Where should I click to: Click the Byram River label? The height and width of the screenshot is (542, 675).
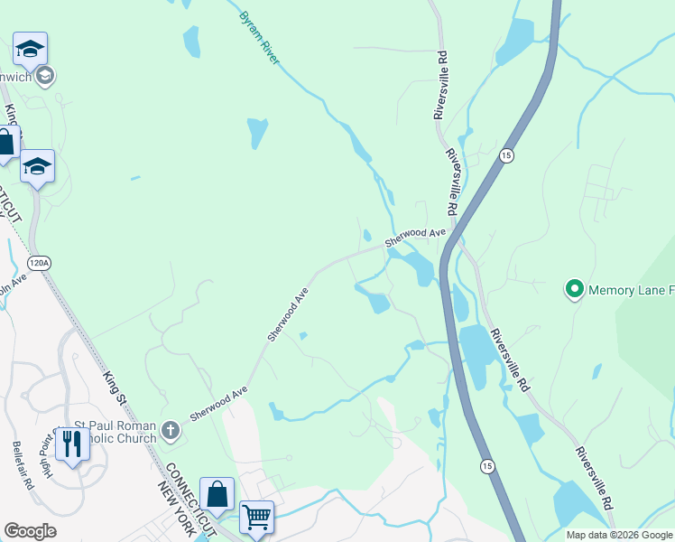tap(260, 38)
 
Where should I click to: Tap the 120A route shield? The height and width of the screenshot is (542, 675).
tap(39, 263)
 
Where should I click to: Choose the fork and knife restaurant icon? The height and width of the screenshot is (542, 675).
tap(70, 443)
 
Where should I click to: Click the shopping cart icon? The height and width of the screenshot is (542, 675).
tap(257, 517)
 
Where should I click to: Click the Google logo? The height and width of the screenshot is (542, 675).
tap(30, 531)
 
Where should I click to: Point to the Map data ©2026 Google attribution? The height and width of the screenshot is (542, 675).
tap(618, 535)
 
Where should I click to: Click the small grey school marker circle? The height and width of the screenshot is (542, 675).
tap(45, 77)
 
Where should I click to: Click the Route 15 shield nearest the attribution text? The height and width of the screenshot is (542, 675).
tap(487, 465)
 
